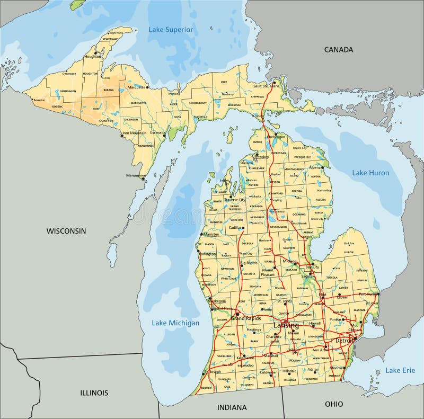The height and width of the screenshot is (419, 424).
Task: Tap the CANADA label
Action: (338, 49)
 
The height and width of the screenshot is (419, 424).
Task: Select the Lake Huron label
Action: (370, 173)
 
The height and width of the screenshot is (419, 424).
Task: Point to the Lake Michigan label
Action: (175, 323)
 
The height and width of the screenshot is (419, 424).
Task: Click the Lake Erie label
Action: (400, 370)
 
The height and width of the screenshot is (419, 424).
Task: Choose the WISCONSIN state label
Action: (66, 231)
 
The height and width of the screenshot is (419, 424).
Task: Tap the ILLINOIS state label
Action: (94, 393)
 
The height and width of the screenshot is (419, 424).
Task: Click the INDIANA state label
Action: (232, 407)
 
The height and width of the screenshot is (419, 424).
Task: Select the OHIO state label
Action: (334, 404)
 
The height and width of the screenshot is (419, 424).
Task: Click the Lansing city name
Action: (286, 325)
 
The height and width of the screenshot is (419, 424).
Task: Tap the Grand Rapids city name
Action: (245, 318)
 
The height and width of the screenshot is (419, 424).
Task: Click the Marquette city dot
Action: (148, 86)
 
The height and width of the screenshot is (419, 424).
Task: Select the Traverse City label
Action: (235, 200)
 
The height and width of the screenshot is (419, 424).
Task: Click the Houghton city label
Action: (92, 56)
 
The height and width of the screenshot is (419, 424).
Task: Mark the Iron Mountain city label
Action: (135, 133)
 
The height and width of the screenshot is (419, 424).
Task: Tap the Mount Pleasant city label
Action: (267, 272)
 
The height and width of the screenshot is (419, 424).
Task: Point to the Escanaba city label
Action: (157, 132)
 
